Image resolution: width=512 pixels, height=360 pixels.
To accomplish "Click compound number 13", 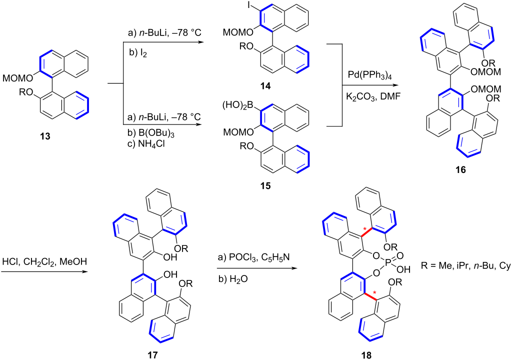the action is pos(45,136).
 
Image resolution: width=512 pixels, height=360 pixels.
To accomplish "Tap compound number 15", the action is pos(265,185).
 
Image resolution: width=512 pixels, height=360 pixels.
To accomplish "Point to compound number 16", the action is pos(460,170).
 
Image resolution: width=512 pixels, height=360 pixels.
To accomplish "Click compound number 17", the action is pos(152,354).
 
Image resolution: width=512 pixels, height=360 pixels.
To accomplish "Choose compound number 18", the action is pos(366,355).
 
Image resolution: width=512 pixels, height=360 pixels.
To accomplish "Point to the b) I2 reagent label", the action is pos(138,53).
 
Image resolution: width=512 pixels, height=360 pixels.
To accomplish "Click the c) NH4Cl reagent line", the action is pos(145,143).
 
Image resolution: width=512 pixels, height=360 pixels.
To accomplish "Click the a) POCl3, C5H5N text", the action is pos(253,258).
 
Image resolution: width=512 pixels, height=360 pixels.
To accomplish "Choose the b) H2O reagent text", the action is pos(233,278).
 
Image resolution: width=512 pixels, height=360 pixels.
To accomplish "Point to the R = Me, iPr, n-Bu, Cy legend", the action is pos(465,266).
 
